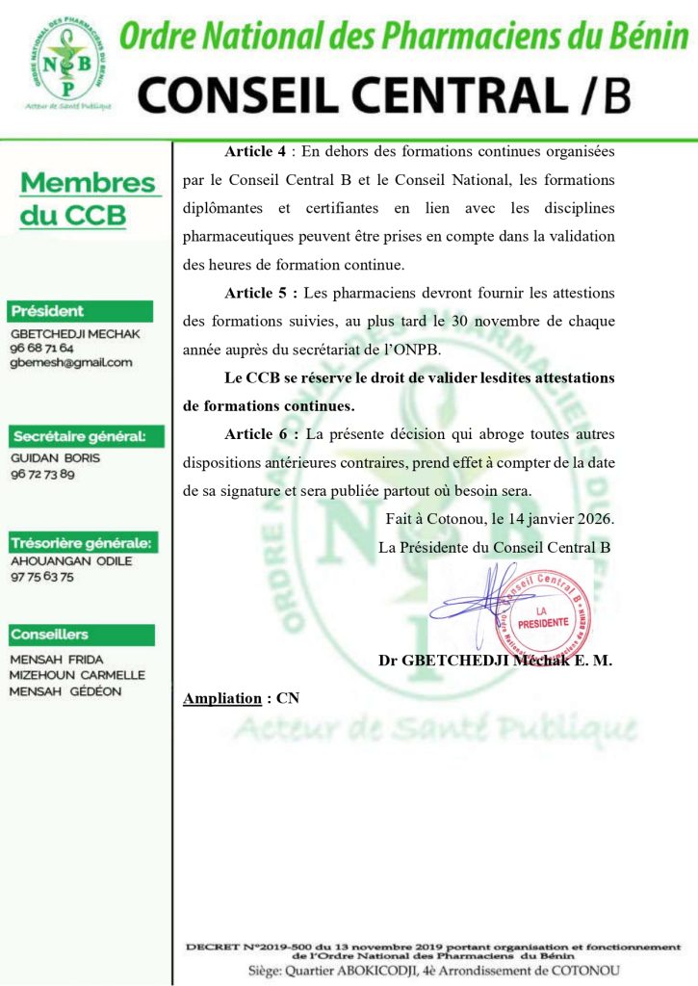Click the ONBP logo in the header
(x=64, y=60)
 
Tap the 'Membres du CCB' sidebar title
(x=88, y=198)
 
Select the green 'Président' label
(x=48, y=311)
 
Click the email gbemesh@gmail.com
(x=71, y=362)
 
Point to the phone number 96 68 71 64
(x=41, y=347)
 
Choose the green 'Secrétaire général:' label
(x=78, y=436)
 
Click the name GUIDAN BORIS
(x=55, y=458)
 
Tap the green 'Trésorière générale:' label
(x=81, y=541)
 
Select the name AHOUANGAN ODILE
(x=71, y=561)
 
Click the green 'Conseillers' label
(x=49, y=635)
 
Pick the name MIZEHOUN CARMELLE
(x=77, y=675)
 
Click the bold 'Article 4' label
(x=255, y=152)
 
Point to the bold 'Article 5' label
(x=255, y=293)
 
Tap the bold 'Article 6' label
(x=255, y=434)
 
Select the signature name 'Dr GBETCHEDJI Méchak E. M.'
(x=496, y=662)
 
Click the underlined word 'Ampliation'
(x=222, y=698)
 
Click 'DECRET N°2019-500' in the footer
(x=246, y=947)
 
